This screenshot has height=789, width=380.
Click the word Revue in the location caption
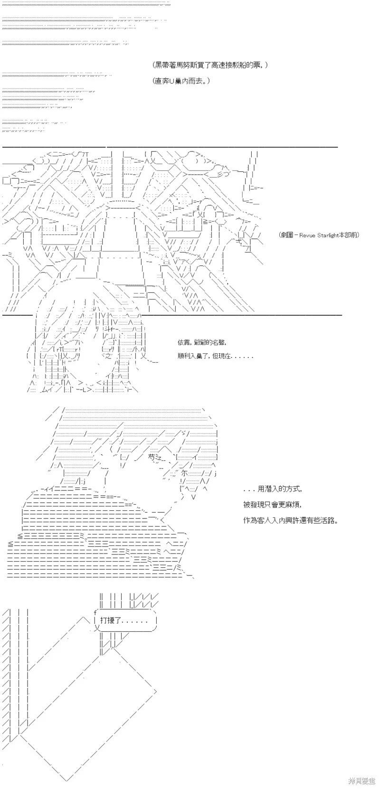point(306,235)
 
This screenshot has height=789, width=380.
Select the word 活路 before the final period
point(328,520)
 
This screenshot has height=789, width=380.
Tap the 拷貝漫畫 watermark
point(361,780)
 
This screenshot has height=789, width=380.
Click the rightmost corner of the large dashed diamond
point(157,689)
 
